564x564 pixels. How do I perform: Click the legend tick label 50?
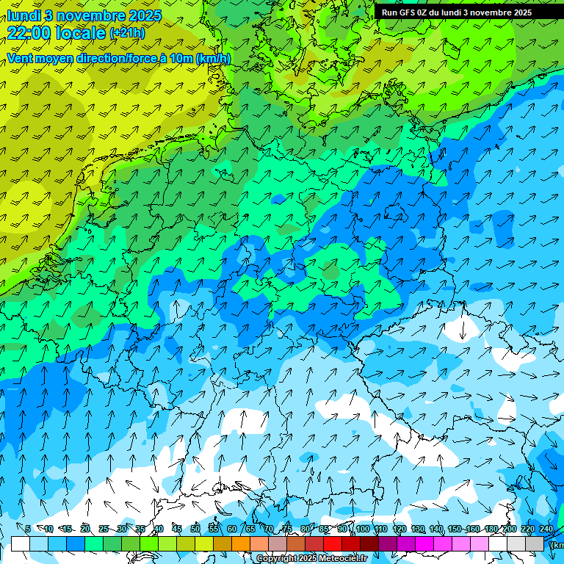point(195,529)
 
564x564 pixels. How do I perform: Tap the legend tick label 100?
point(362,529)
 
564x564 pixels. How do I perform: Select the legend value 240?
point(546,529)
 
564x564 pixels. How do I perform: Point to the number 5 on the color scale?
point(28,529)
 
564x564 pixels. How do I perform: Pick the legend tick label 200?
point(509,529)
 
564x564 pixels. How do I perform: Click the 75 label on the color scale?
point(286,529)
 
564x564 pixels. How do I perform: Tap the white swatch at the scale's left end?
point(21,543)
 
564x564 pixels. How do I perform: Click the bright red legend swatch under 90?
point(333,543)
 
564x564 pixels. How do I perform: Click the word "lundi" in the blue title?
point(24,15)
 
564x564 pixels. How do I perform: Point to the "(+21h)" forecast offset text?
point(127,33)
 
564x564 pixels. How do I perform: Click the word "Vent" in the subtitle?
point(20,58)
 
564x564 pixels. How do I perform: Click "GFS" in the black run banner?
point(406,12)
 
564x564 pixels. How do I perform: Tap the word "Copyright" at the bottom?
point(277,559)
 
